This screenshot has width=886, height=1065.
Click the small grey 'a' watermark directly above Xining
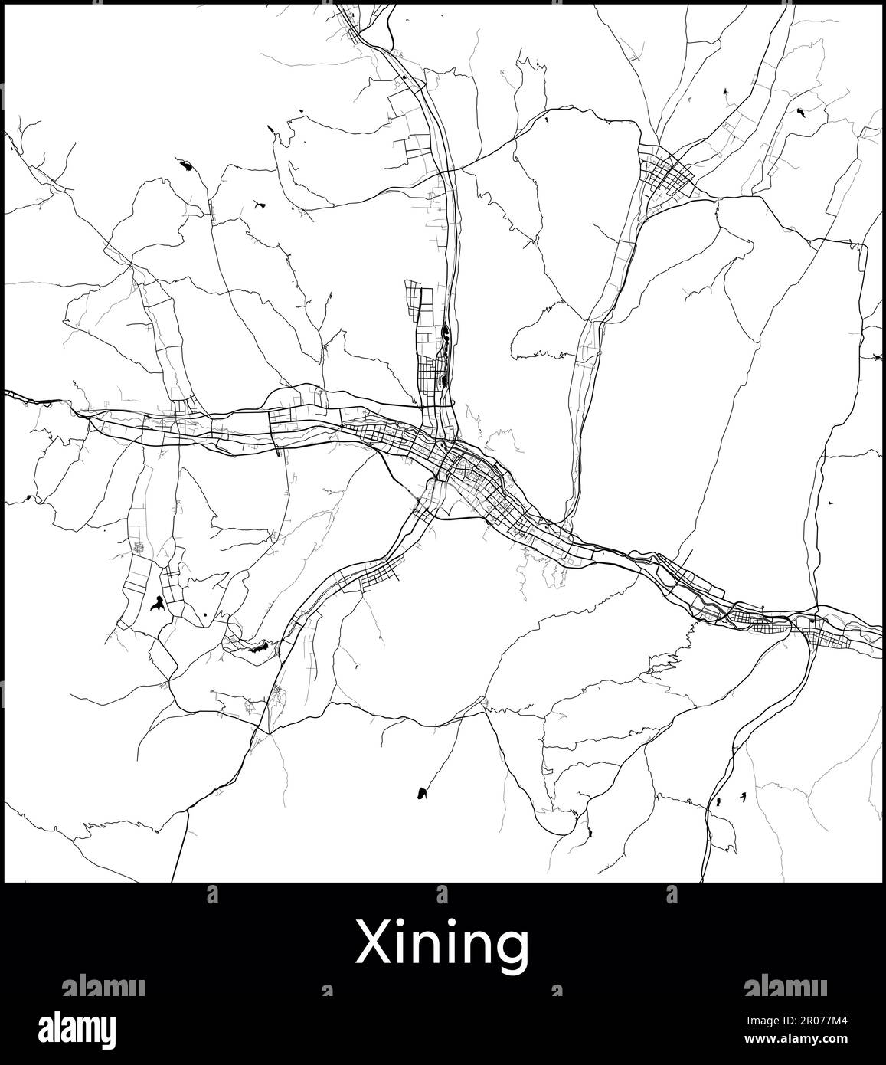coord(442,894)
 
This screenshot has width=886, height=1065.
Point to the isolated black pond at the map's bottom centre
coord(421,793)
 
